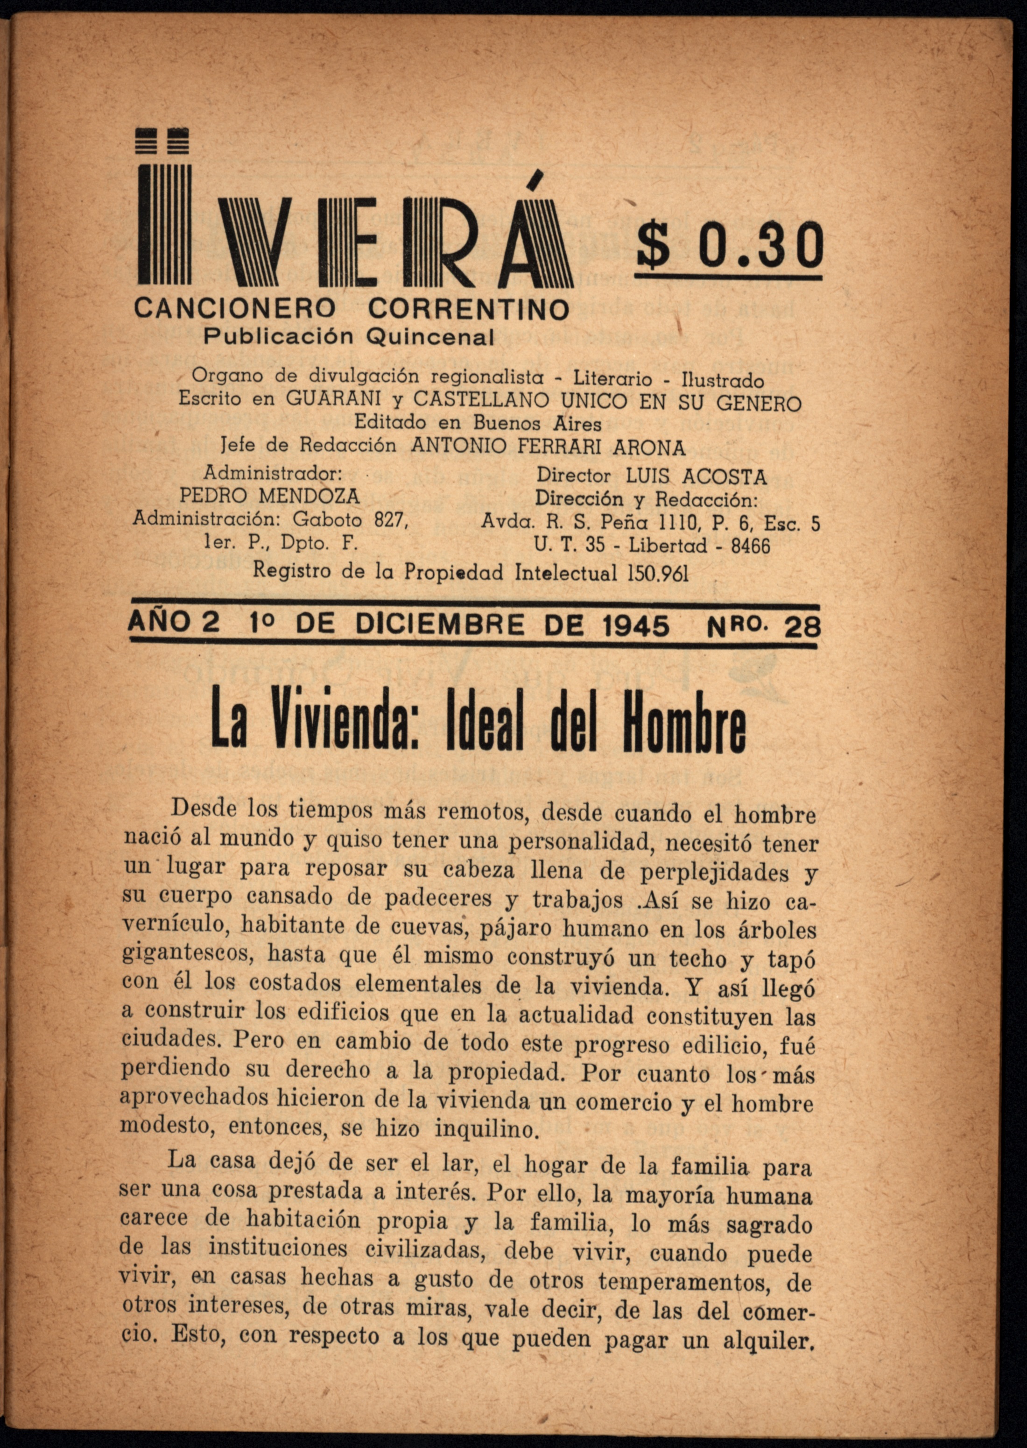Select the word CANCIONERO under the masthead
point(234,309)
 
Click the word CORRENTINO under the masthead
point(469,309)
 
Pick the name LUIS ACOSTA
point(696,476)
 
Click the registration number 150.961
point(658,573)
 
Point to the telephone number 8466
point(751,545)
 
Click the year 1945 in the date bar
point(635,625)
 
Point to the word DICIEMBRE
point(440,625)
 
